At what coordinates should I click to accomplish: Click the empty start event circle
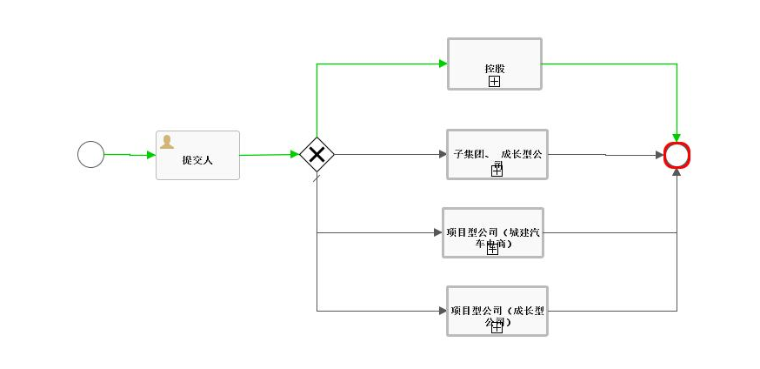point(90,155)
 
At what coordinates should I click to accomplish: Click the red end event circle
point(677,155)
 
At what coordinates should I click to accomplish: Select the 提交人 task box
point(197,156)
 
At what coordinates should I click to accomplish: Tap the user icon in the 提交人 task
point(166,142)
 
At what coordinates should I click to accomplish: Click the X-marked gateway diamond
point(317,155)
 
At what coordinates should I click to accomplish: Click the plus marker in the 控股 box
point(494,81)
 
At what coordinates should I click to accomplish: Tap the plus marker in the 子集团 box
point(497,171)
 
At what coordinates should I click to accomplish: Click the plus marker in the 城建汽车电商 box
point(492,250)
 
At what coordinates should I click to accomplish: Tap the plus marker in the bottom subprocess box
point(497,328)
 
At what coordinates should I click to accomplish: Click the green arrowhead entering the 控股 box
point(443,64)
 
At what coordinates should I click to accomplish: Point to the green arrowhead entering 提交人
point(151,155)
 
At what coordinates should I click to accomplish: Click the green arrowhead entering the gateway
point(295,155)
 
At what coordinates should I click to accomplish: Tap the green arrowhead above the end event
point(677,137)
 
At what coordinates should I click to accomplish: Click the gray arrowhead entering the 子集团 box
point(442,155)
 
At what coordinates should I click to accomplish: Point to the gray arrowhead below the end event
point(677,173)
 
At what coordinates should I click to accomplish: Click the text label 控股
point(494,68)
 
